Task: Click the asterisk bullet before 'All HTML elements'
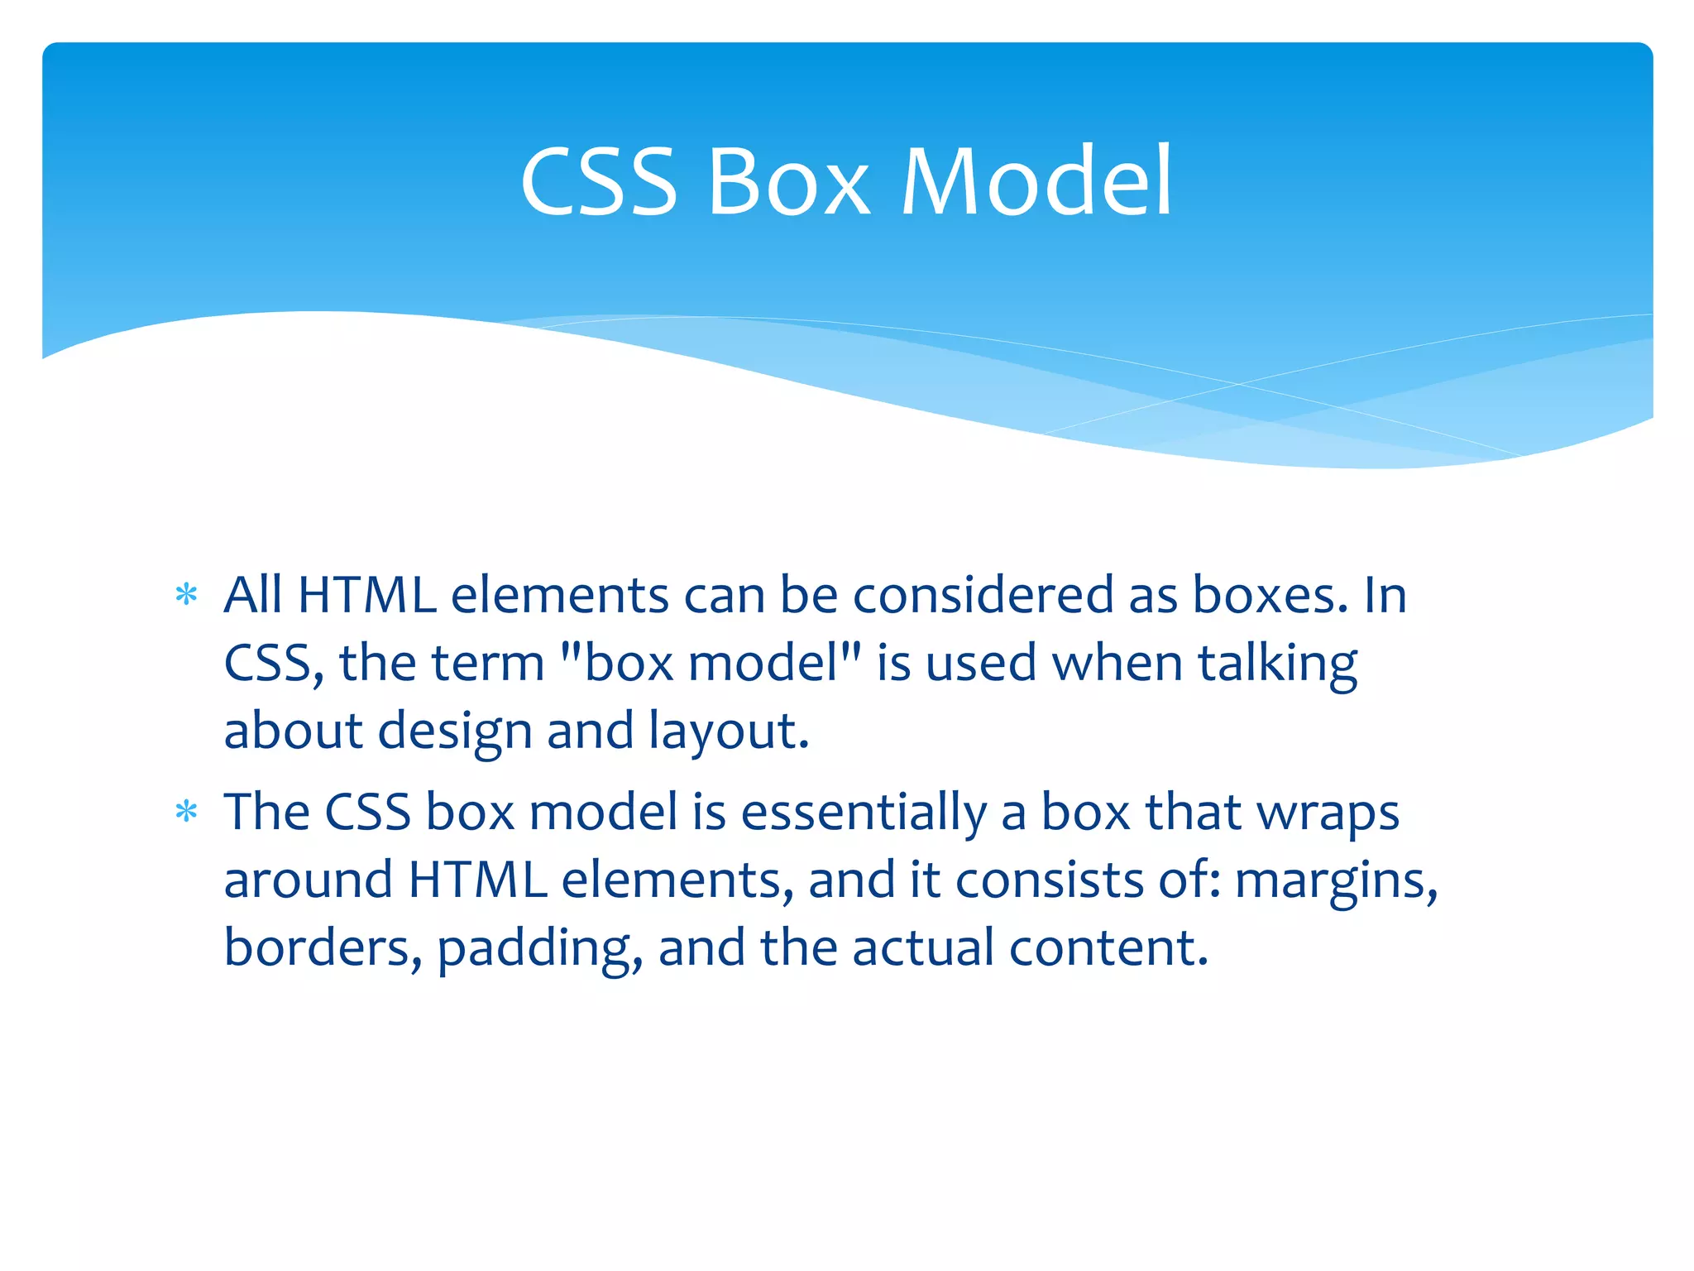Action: pos(187,595)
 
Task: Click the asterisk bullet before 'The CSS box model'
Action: pos(187,812)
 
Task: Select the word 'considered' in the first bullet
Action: pos(983,595)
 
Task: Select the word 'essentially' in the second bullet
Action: pos(864,812)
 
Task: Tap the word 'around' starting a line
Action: pos(309,880)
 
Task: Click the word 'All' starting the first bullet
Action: pos(254,595)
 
